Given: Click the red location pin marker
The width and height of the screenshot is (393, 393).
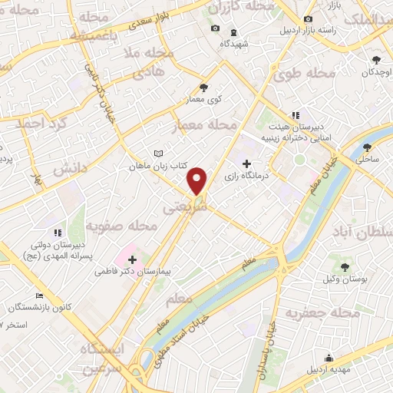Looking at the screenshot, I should tap(197, 180).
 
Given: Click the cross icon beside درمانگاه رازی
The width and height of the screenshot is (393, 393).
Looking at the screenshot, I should tap(246, 163).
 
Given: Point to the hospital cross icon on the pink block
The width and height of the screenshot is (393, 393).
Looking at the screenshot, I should tap(132, 259).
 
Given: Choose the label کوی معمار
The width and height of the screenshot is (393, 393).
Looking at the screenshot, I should tap(204, 100).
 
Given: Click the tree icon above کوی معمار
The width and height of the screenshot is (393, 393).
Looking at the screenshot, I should tap(204, 88).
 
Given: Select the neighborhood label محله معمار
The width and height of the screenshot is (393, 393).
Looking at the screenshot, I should tap(208, 124).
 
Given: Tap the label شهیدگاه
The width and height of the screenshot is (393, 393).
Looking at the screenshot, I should tap(234, 44).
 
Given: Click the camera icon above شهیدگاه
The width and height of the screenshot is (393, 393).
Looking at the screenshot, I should tap(215, 29).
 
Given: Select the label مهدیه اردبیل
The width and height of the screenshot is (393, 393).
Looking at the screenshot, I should tap(329, 370).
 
